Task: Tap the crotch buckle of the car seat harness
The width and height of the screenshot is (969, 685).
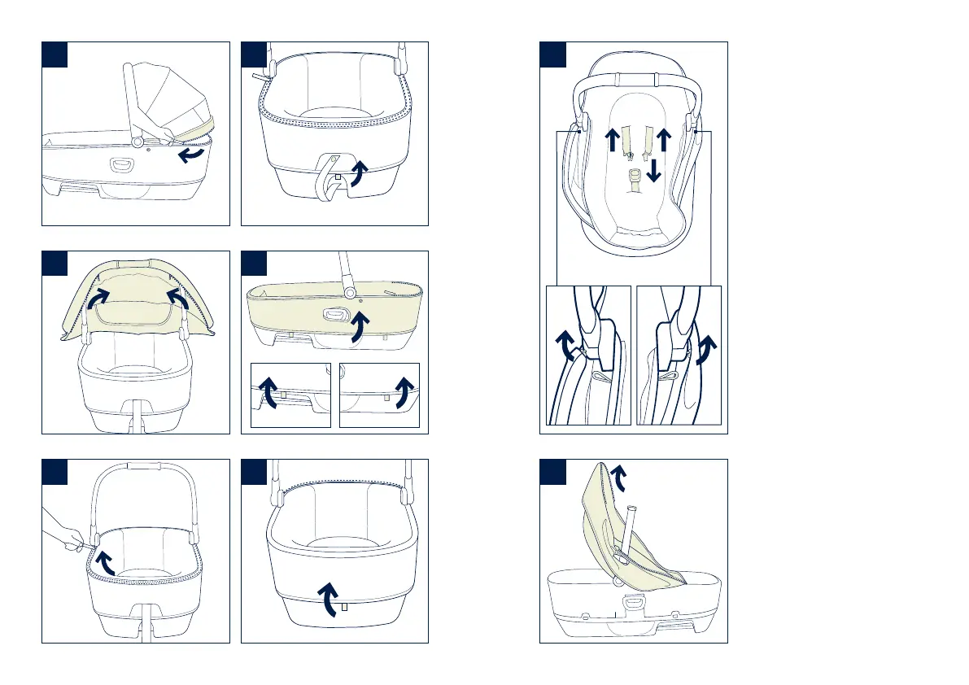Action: click(635, 175)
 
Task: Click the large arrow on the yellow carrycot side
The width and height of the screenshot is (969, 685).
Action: click(356, 330)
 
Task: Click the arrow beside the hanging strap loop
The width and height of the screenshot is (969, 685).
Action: click(357, 172)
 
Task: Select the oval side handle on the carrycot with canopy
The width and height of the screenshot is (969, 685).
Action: click(123, 164)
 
